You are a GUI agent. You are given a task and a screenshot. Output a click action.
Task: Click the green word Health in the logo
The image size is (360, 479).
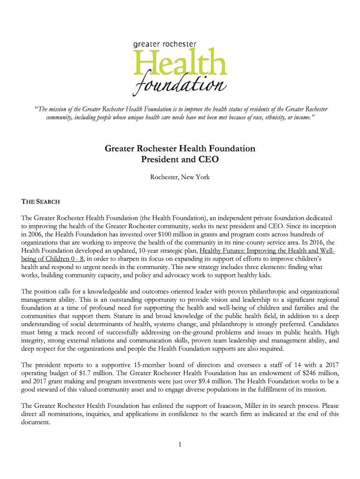(180, 63)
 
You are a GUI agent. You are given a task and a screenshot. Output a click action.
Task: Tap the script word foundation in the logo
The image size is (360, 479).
(180, 86)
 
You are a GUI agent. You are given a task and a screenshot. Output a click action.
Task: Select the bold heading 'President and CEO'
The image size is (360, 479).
(180, 159)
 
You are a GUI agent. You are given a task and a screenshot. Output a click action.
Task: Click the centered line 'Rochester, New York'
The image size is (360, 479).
(180, 177)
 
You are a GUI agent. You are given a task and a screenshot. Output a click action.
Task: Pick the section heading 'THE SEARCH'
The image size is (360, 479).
(41, 202)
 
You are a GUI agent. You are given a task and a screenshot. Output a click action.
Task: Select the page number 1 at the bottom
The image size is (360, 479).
(180, 444)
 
